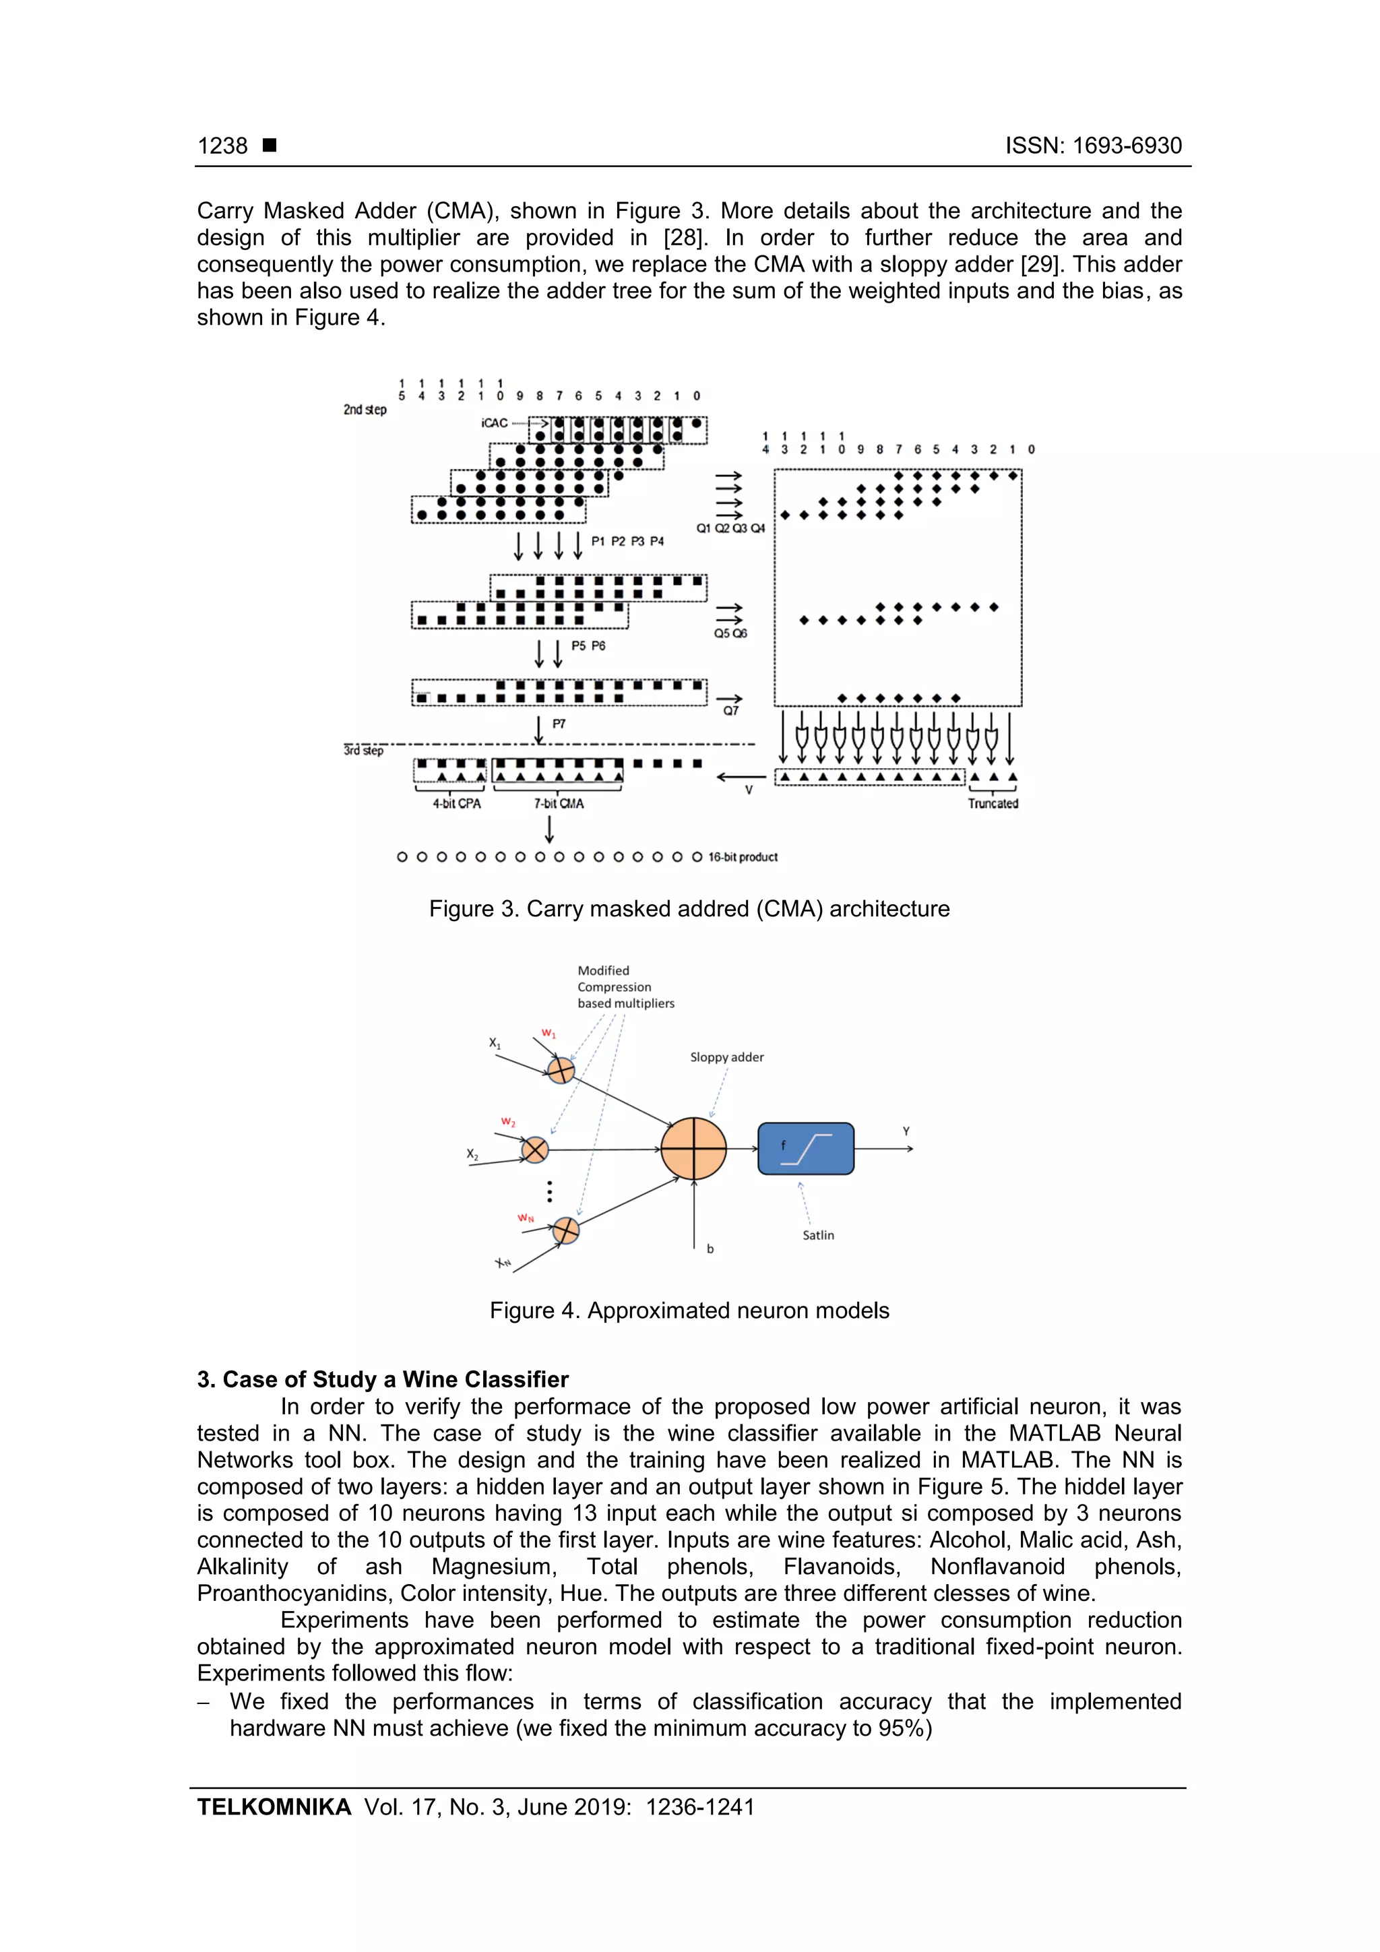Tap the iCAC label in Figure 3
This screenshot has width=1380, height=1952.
(494, 422)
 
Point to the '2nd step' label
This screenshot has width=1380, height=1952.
(365, 409)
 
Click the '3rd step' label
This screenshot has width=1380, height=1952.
(363, 750)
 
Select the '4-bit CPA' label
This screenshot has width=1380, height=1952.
(457, 803)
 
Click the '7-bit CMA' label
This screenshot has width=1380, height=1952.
(559, 803)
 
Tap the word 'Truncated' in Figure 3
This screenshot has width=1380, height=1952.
(993, 803)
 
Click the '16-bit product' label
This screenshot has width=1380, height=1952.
(743, 857)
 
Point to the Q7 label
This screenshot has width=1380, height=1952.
(730, 711)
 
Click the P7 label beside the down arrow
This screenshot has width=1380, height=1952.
(559, 724)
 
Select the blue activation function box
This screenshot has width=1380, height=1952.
(805, 1149)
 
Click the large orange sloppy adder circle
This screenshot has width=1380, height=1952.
(694, 1149)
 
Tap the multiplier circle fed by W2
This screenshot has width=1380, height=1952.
(535, 1150)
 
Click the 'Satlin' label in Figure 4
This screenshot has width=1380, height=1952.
(818, 1234)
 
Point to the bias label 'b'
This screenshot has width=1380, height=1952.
(710, 1249)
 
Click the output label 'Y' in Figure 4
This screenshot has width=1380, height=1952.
(906, 1131)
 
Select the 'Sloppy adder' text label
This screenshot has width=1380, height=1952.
(726, 1057)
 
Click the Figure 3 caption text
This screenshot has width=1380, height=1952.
(689, 909)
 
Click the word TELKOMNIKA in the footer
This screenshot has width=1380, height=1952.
(274, 1806)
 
